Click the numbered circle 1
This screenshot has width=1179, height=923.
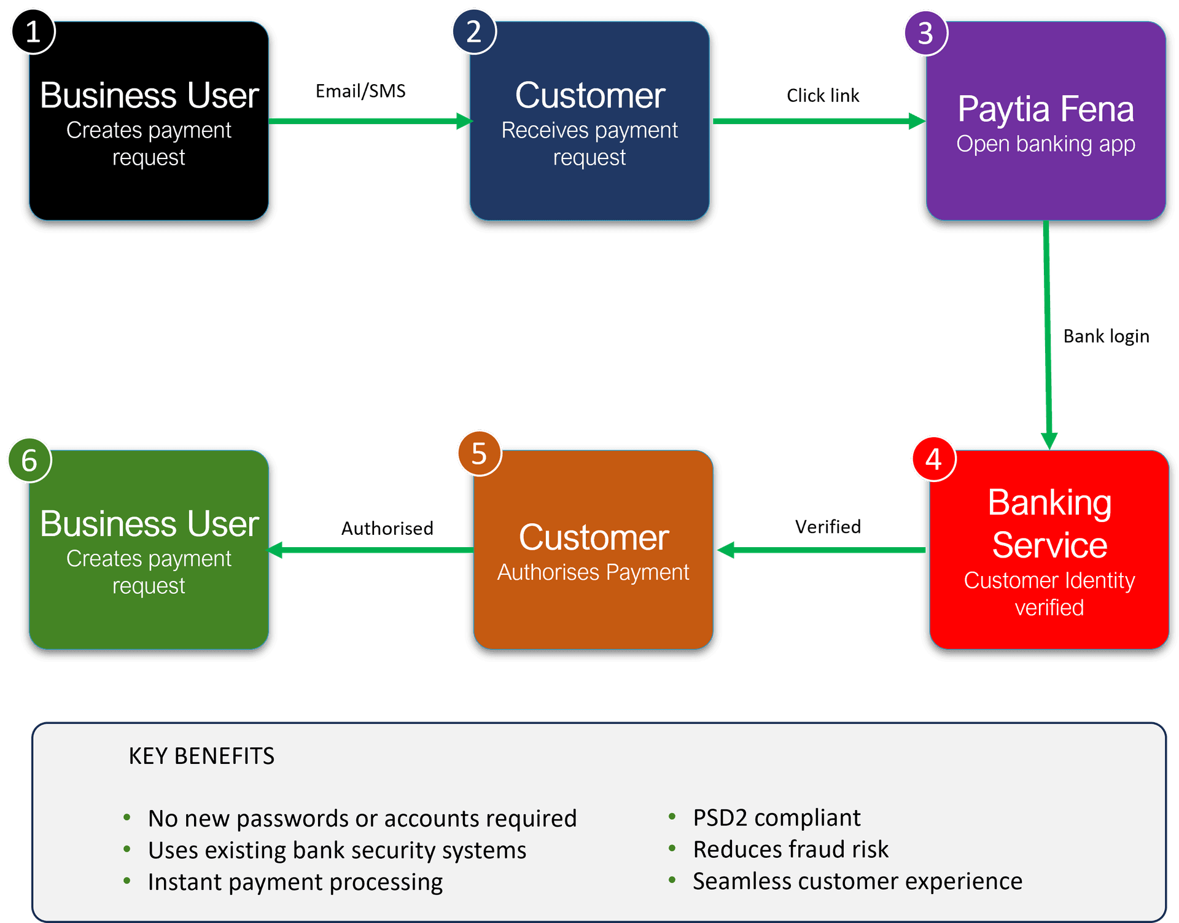click(x=33, y=31)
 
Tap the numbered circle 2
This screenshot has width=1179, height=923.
click(x=473, y=31)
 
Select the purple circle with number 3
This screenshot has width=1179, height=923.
click(x=925, y=33)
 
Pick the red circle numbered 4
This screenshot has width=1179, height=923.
click(x=933, y=459)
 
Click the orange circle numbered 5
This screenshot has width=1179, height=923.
click(x=479, y=454)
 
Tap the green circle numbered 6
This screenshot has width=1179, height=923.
click(x=29, y=460)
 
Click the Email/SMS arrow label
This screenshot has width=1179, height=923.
click(x=360, y=92)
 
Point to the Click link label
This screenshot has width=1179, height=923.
click(x=823, y=96)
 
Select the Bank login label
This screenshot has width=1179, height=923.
click(x=1105, y=337)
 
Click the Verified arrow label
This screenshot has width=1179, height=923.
click(x=828, y=527)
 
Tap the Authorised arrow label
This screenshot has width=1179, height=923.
click(x=387, y=528)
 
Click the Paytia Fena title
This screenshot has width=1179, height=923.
click(x=1045, y=109)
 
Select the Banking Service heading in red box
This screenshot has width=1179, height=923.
click(x=1049, y=523)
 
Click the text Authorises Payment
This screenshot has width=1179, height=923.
click(x=593, y=572)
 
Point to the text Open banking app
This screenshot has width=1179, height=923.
click(x=1045, y=144)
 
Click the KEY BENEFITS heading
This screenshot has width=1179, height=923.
click(x=201, y=756)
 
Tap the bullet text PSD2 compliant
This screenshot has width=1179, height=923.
click(x=776, y=818)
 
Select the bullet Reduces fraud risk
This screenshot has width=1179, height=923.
click(x=790, y=849)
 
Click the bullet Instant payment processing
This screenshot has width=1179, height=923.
click(x=295, y=882)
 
